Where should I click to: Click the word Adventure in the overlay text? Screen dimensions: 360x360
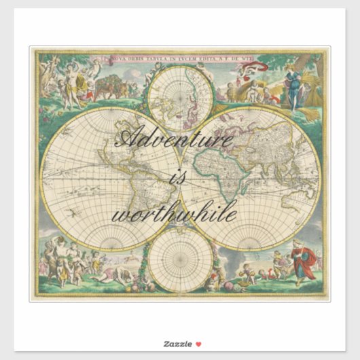(175, 141)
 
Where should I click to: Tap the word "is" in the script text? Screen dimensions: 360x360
(177, 178)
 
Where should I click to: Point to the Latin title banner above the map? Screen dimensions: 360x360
(180, 59)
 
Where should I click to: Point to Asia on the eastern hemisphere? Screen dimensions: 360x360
(265, 146)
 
